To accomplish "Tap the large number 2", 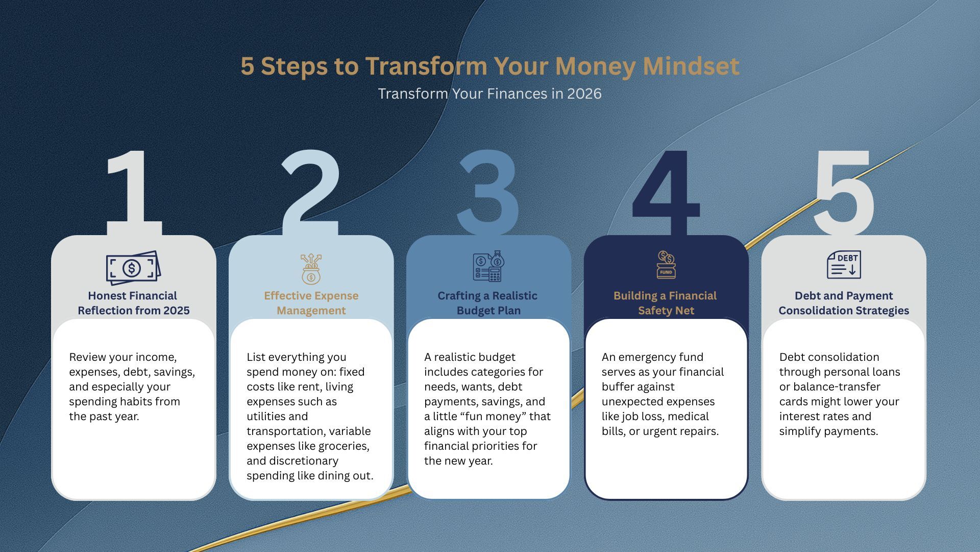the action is [x=311, y=193].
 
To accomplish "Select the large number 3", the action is [x=488, y=193].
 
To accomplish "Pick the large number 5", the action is [x=844, y=193].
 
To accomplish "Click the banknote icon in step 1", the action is [x=133, y=268].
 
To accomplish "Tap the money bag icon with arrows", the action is [x=311, y=269].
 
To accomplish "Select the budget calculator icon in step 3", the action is [x=488, y=266].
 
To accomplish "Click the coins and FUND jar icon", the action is [x=666, y=265].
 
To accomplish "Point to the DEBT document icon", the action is [x=844, y=265].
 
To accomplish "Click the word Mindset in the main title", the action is [x=691, y=66].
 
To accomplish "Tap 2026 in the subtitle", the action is [x=584, y=94].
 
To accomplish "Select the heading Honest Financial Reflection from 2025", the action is [x=133, y=303].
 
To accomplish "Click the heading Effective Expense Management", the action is [x=311, y=303].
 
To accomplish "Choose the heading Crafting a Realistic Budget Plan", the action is [x=488, y=303].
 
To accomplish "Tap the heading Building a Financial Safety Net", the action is [x=666, y=303].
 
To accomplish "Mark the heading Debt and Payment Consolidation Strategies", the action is [x=844, y=303].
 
